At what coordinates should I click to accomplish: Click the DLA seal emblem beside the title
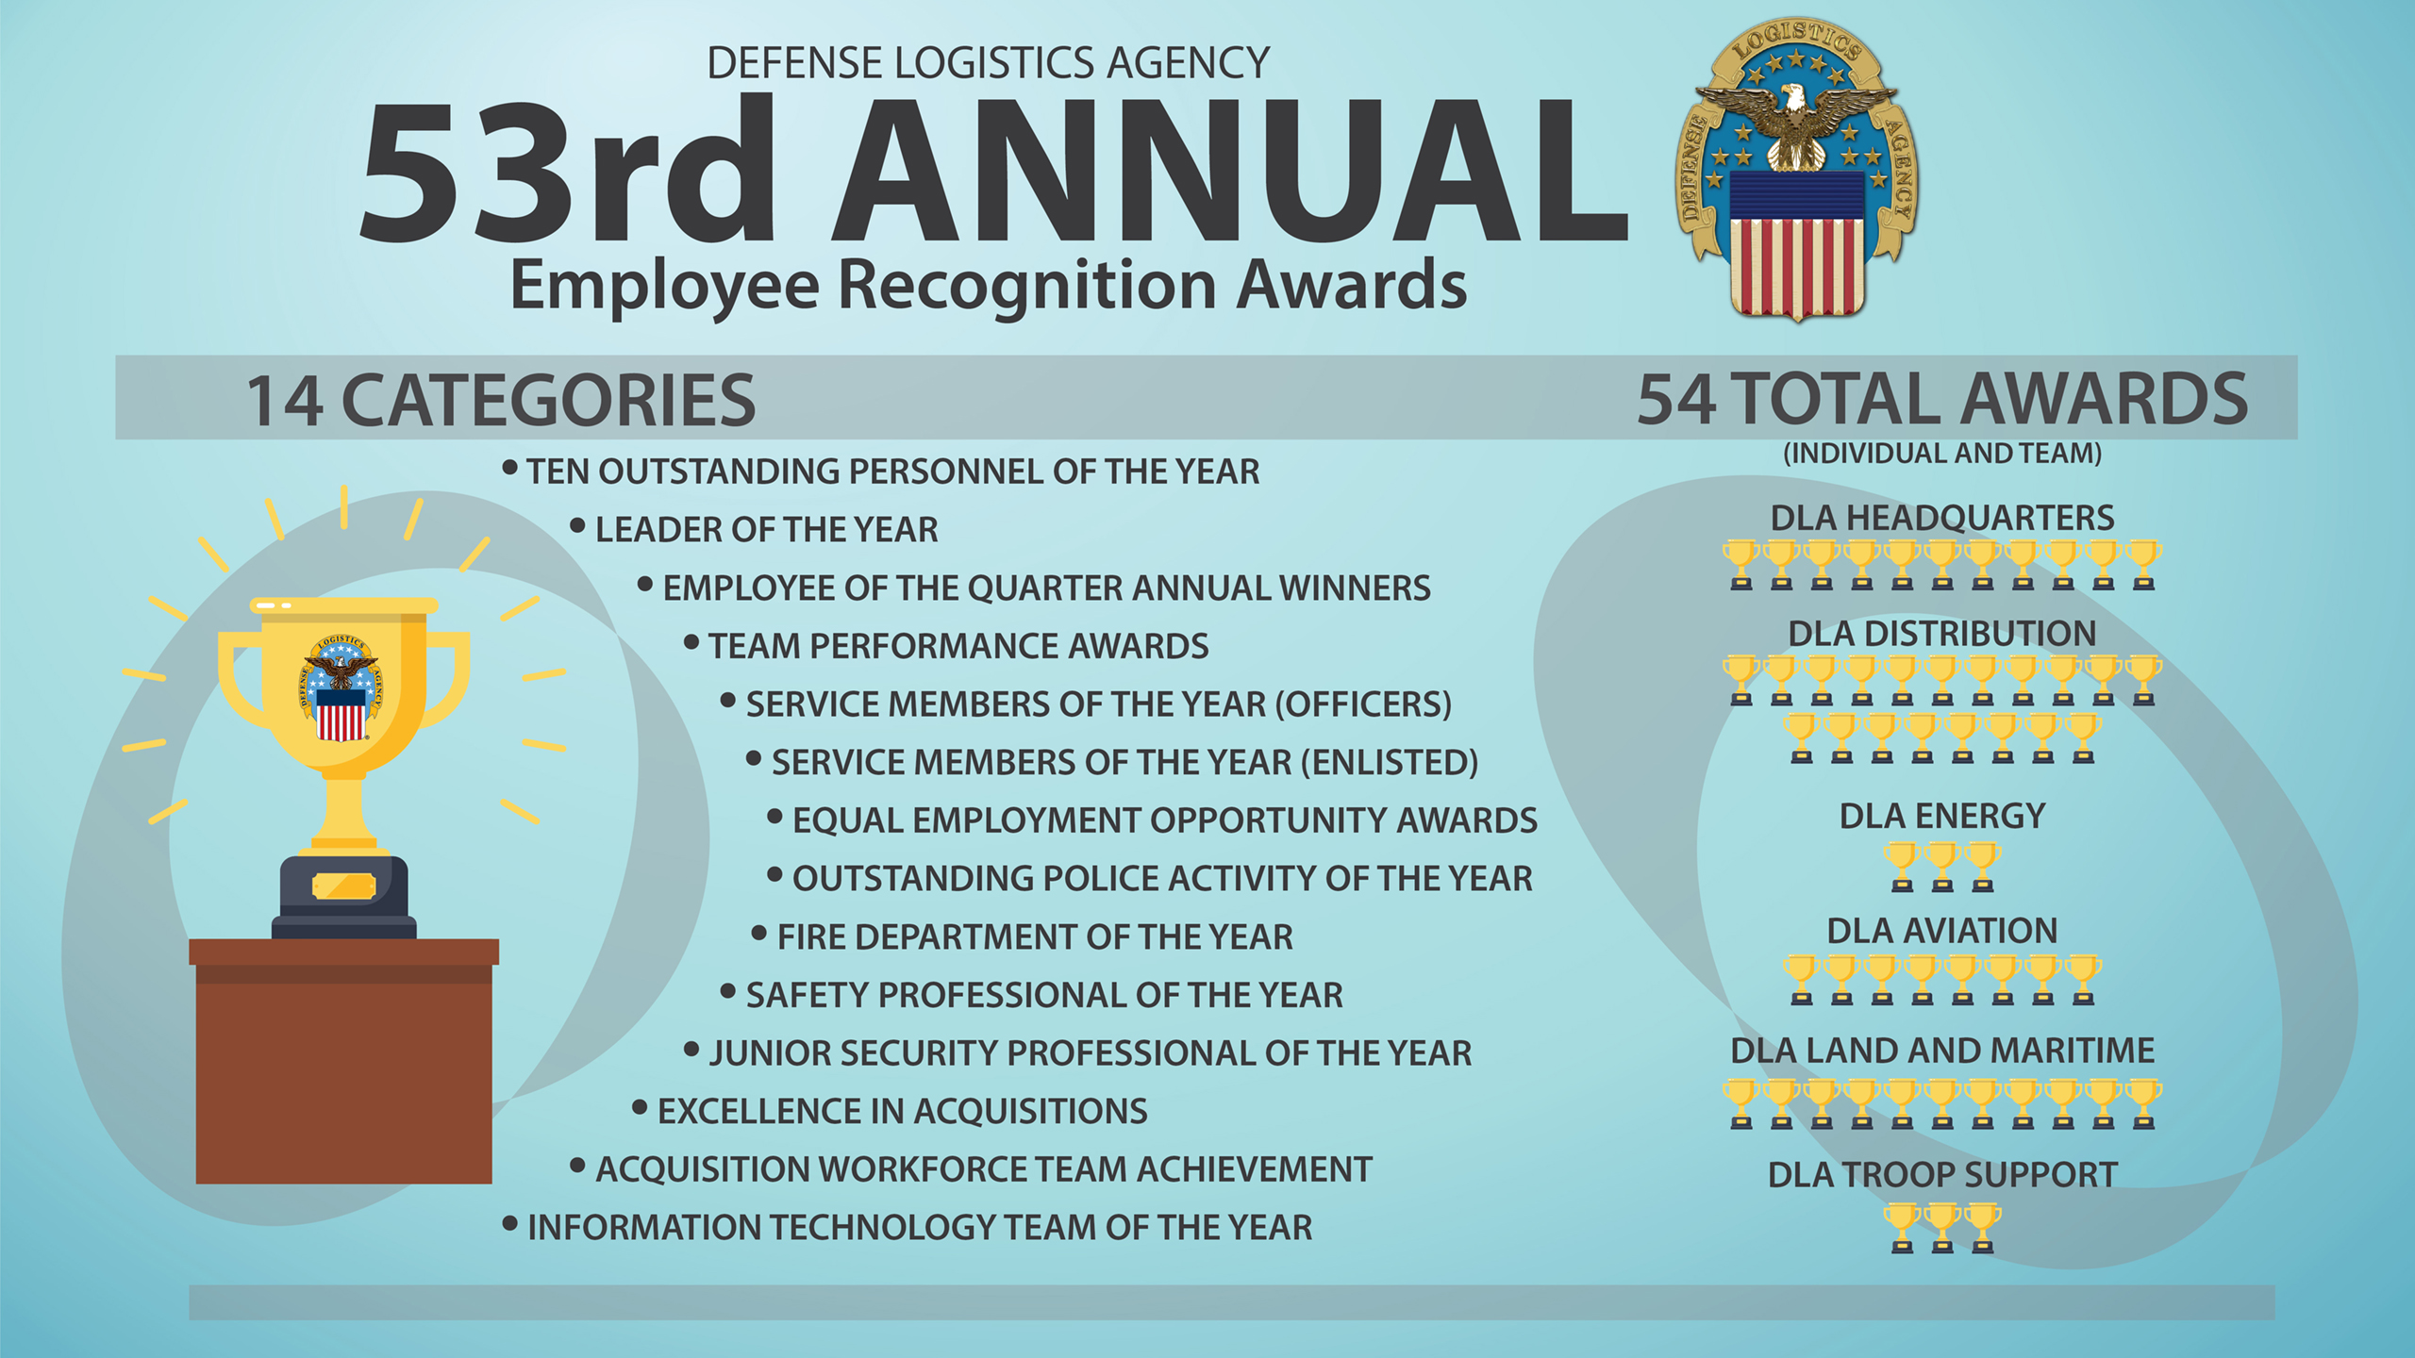(x=1797, y=170)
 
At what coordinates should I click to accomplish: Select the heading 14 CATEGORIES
(x=501, y=400)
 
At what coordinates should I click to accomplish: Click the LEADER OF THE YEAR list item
(x=766, y=530)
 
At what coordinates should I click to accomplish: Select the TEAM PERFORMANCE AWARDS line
(x=958, y=647)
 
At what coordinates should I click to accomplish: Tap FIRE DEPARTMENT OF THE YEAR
(x=1034, y=937)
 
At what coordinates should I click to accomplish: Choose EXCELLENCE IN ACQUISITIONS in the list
(x=902, y=1112)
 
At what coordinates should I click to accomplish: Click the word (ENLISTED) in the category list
(x=1389, y=763)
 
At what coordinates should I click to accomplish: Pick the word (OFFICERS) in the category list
(x=1363, y=704)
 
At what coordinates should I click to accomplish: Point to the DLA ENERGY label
(x=1941, y=817)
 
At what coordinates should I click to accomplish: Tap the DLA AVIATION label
(x=1941, y=932)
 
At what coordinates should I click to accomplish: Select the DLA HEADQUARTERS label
(x=1941, y=519)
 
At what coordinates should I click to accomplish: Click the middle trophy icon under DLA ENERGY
(x=1941, y=867)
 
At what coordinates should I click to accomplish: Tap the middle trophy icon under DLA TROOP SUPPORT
(x=1941, y=1227)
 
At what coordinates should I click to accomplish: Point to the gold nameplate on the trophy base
(x=343, y=886)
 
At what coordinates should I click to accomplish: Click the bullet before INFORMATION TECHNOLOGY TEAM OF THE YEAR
(x=510, y=1225)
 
